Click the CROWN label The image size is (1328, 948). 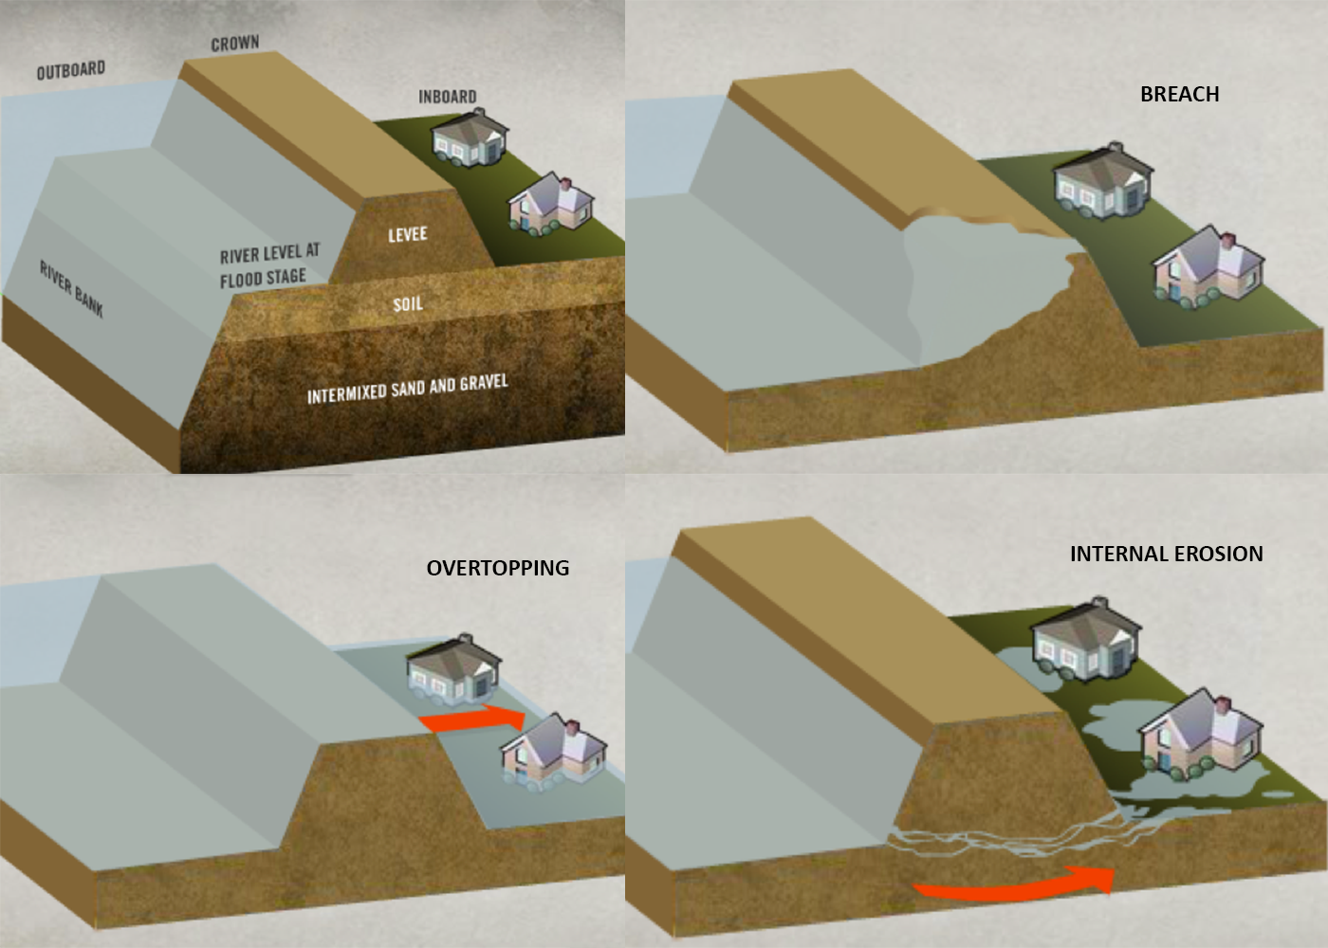coord(235,44)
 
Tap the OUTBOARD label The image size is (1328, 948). coord(71,70)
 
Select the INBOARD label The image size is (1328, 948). coord(448,97)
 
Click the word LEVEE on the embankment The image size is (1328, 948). coord(408,235)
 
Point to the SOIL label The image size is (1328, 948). coord(408,304)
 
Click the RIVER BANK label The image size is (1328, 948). coord(72,290)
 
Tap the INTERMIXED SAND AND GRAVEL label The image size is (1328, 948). coord(408,389)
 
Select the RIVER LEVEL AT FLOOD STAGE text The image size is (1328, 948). coord(269,265)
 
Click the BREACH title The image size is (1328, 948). coord(1180,94)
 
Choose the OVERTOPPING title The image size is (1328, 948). coord(498,568)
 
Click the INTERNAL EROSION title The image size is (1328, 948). coord(1167,554)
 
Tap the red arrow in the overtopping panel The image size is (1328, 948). coord(473,720)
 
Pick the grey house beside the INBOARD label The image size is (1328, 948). coord(470,138)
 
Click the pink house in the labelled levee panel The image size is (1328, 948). coord(551,205)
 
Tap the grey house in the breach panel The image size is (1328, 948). coord(1103,181)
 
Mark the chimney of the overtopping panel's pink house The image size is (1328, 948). coord(572,727)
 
